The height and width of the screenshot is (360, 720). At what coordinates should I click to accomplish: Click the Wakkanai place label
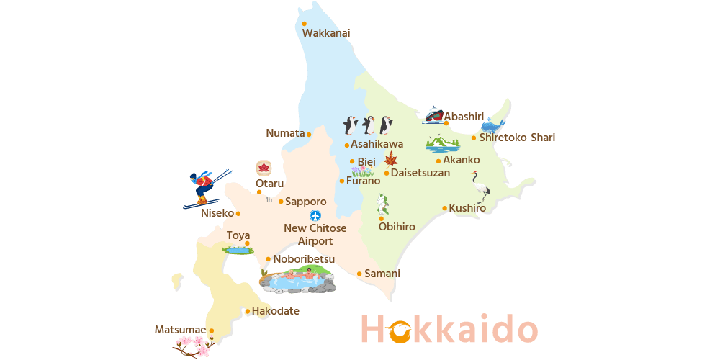(x=326, y=33)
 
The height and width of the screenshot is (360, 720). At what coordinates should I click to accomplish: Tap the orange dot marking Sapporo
(x=281, y=202)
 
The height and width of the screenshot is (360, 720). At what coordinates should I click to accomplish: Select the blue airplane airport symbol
(x=315, y=215)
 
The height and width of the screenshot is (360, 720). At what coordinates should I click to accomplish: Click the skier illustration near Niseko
(x=204, y=187)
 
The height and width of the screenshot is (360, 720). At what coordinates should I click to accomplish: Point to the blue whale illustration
(x=494, y=123)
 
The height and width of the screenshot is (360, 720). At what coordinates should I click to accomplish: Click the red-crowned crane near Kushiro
(x=480, y=186)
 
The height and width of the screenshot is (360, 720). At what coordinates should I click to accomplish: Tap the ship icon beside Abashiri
(x=433, y=115)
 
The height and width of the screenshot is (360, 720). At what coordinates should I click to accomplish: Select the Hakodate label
(x=275, y=311)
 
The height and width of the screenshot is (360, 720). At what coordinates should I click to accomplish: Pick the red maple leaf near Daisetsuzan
(x=390, y=159)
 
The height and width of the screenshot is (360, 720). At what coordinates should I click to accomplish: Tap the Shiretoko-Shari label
(x=517, y=138)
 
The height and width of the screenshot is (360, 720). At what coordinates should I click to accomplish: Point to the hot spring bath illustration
(x=298, y=279)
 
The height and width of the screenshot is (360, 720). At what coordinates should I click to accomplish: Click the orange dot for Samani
(x=359, y=274)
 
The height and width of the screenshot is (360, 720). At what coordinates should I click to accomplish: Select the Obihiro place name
(x=397, y=227)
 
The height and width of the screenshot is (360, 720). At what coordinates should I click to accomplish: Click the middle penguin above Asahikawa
(x=369, y=125)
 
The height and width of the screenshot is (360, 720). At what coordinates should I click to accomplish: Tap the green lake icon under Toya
(x=236, y=251)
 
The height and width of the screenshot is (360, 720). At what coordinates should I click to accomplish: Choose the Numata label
(x=285, y=133)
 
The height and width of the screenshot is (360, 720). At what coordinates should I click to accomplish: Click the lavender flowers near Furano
(x=362, y=172)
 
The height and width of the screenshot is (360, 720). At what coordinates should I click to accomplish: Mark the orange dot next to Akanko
(x=438, y=161)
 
